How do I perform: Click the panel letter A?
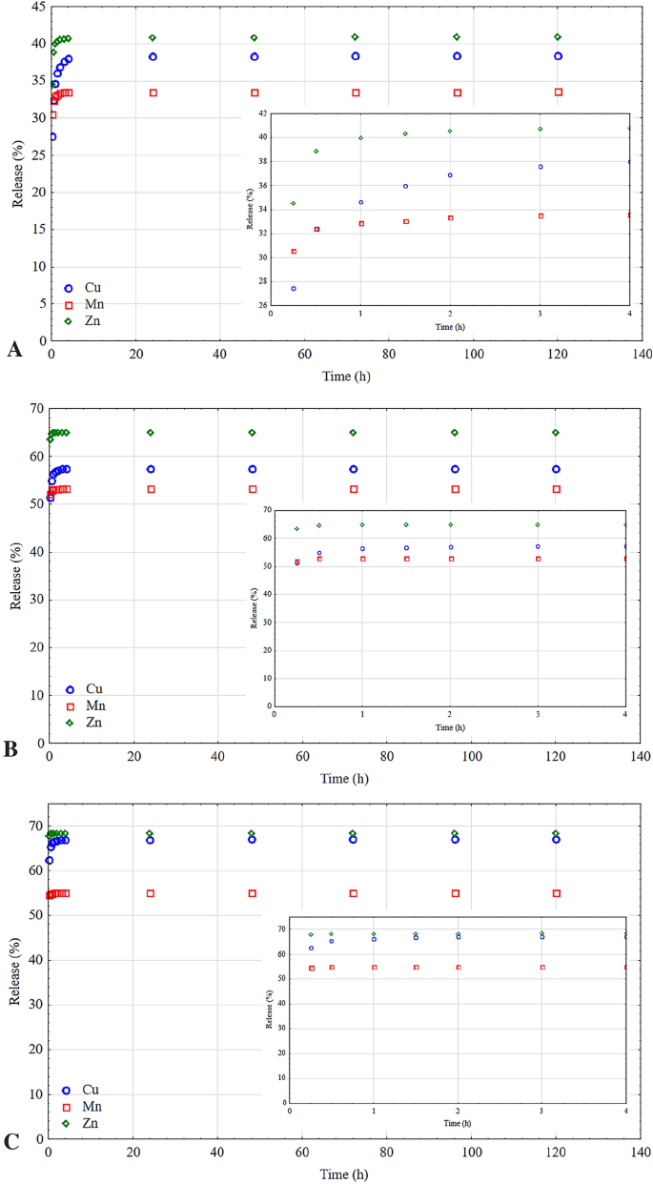pos(14,351)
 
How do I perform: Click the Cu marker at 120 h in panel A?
pos(558,56)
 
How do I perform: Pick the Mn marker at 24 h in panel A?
pos(153,92)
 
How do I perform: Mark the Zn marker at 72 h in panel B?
pos(353,433)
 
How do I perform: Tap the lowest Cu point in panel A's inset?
pos(294,288)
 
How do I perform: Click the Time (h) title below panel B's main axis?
pos(345,778)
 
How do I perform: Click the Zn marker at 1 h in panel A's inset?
pos(360,138)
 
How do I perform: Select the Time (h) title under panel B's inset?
pos(448,726)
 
